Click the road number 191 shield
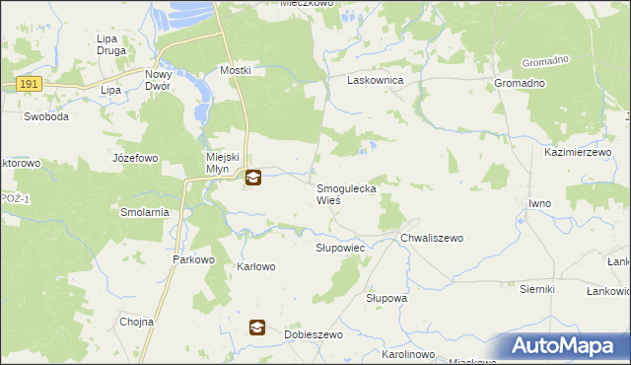pos(29,85)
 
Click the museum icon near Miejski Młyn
pos(253,179)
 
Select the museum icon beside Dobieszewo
pos(257,328)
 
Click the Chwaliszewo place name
pos(432,238)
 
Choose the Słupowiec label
pos(341,248)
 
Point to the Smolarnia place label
pos(145,212)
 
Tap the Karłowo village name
pos(256,266)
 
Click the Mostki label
pos(236,70)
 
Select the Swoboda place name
pos(46,116)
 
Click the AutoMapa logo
pos(569,345)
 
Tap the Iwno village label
pos(539,203)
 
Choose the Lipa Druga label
pos(106,45)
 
